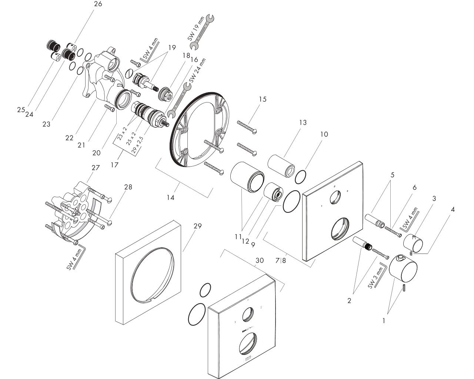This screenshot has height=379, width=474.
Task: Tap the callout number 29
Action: pyautogui.click(x=197, y=226)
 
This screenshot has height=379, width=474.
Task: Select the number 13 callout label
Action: pyautogui.click(x=303, y=123)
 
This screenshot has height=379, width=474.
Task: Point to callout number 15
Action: pyautogui.click(x=263, y=99)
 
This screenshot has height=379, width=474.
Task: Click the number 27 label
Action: pyautogui.click(x=96, y=167)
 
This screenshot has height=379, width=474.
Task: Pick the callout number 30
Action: pyautogui.click(x=260, y=261)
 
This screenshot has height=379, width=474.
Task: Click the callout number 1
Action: pyautogui.click(x=384, y=321)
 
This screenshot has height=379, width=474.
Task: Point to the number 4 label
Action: pyautogui.click(x=452, y=209)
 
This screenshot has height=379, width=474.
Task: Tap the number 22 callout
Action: pyautogui.click(x=70, y=138)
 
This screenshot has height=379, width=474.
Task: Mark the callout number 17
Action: pyautogui.click(x=114, y=165)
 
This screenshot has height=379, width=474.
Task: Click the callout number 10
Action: pyautogui.click(x=324, y=134)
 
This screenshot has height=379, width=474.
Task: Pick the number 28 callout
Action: pyautogui.click(x=128, y=187)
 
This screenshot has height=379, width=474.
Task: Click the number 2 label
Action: pyautogui.click(x=349, y=301)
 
